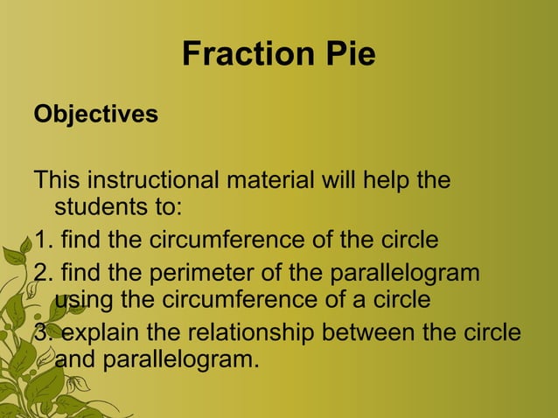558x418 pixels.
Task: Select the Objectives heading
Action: coord(95,115)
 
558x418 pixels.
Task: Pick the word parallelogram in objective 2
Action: coord(405,273)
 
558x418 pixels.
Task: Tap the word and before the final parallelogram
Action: coord(77,359)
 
